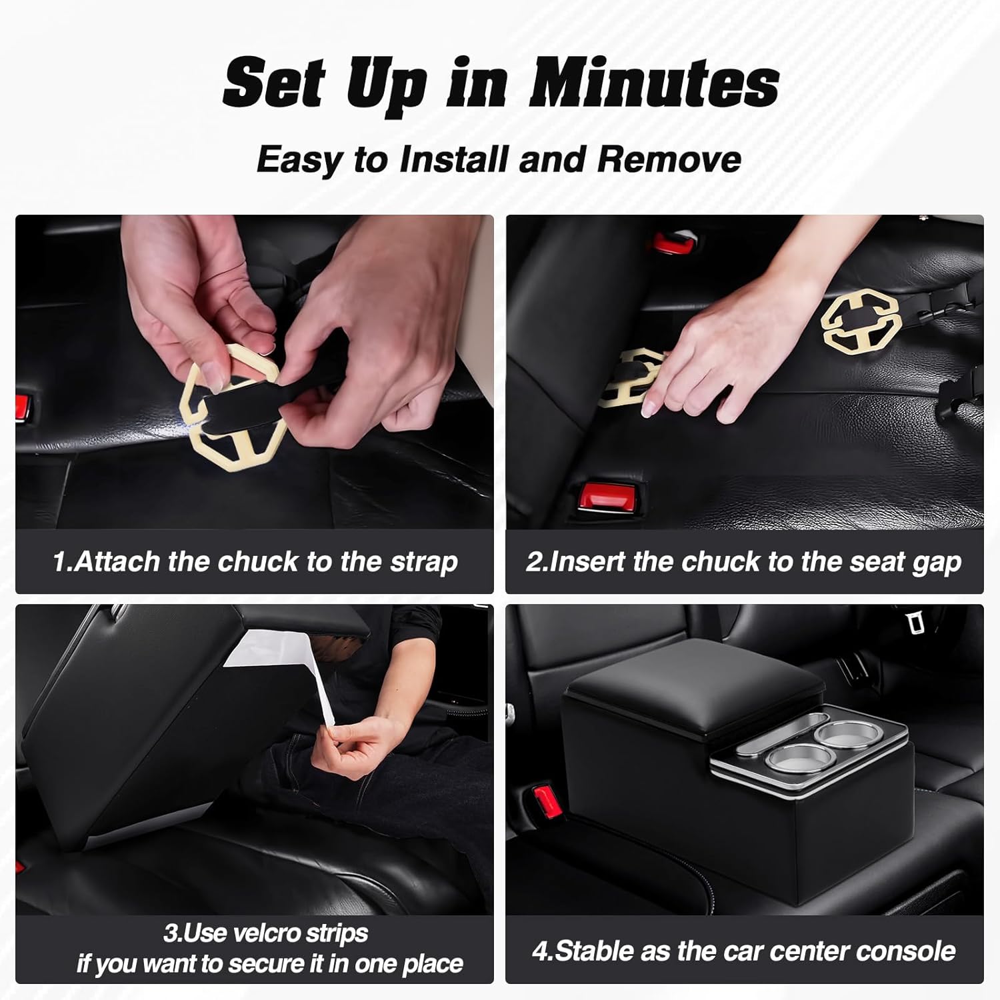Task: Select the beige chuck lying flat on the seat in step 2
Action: click(861, 322)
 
